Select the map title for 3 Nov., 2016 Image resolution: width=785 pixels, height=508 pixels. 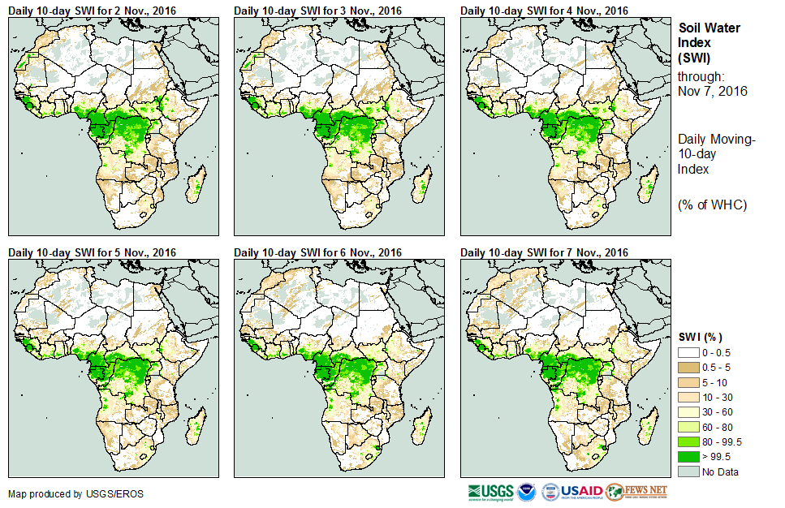tap(318, 11)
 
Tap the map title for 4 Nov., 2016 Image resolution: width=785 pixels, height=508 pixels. tap(544, 11)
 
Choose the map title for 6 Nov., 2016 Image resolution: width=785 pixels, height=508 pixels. tap(318, 252)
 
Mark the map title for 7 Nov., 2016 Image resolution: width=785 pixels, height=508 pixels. tap(544, 252)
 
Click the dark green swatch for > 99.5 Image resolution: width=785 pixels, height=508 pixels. tap(689, 456)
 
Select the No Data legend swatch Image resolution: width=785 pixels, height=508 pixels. tap(689, 471)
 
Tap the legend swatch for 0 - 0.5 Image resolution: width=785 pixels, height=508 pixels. tap(689, 353)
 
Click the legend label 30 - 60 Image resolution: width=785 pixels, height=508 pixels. tap(718, 412)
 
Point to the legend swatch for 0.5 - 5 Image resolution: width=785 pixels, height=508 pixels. tap(689, 368)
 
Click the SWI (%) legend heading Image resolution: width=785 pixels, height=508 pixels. tap(700, 337)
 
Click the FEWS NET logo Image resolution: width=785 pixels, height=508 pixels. tap(637, 492)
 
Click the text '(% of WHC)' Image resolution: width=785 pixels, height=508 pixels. tap(712, 204)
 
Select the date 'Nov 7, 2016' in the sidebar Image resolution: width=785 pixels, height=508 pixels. tap(712, 91)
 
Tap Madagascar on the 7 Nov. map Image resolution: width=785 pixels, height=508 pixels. tap(649, 428)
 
